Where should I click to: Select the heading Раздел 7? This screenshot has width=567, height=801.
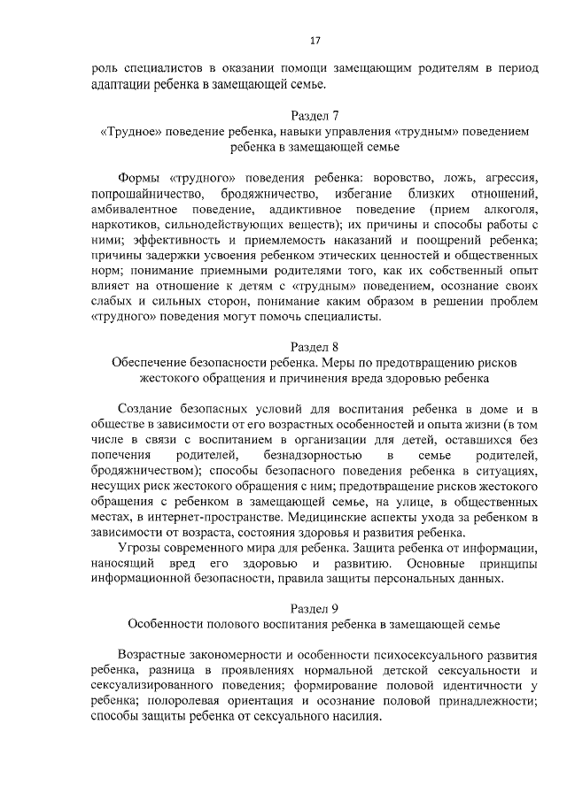click(x=315, y=115)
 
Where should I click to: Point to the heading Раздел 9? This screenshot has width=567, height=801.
click(x=315, y=608)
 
